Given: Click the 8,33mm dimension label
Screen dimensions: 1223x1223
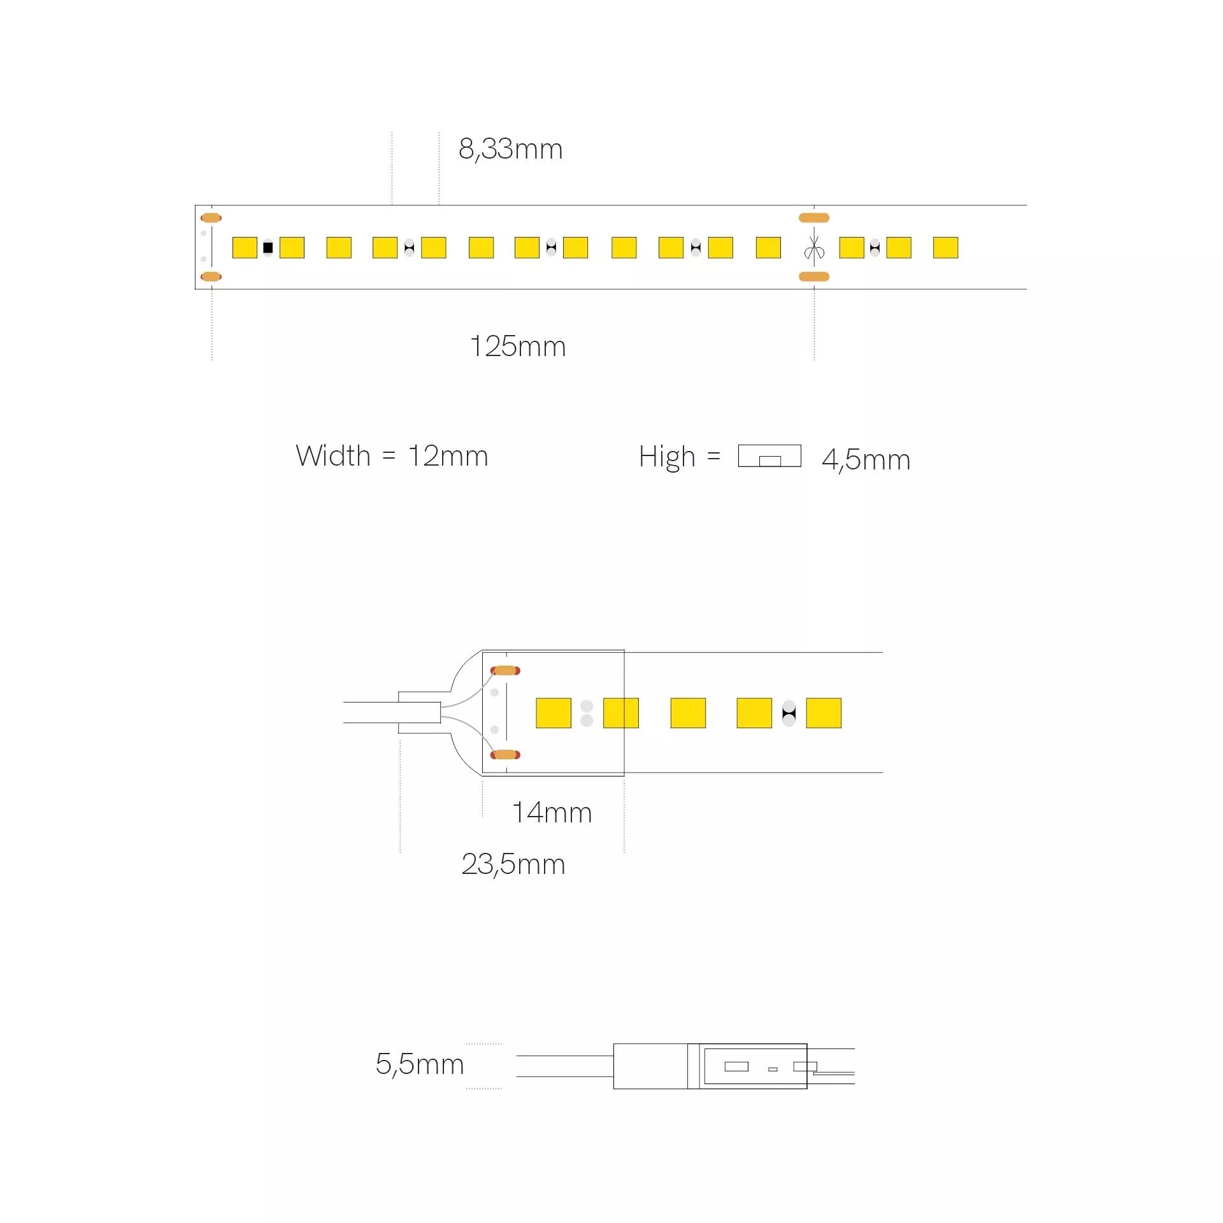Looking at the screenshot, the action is [511, 150].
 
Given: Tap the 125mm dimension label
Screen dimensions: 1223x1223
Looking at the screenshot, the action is [518, 347].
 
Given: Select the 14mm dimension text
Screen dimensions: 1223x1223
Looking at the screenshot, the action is [552, 813].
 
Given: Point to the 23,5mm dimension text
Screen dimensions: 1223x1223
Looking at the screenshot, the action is [513, 865].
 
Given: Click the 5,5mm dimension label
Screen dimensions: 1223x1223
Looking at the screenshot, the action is [420, 1064].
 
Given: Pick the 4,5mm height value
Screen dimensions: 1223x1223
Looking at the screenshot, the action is [866, 460].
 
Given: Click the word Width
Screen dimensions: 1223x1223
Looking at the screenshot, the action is [333, 456].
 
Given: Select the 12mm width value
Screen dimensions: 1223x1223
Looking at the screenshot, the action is [448, 456].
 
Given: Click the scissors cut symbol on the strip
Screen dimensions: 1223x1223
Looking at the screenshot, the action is [814, 248].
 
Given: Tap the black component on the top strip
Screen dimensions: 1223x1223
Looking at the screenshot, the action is [268, 247].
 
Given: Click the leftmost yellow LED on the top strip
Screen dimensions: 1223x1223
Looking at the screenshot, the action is [245, 247].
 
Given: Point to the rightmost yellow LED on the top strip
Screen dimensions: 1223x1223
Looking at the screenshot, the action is [945, 247].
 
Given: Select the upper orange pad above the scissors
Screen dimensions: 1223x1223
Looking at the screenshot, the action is [814, 218].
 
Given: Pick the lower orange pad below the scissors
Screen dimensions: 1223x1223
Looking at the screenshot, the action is [814, 276].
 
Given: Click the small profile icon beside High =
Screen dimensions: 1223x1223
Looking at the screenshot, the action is [769, 456].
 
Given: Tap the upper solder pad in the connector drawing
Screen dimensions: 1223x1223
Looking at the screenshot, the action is [505, 671].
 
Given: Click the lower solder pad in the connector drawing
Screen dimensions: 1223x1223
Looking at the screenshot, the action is [505, 755].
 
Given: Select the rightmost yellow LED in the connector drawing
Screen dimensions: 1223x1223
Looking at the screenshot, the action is [824, 713].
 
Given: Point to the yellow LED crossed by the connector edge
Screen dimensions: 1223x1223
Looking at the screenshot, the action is [621, 713].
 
